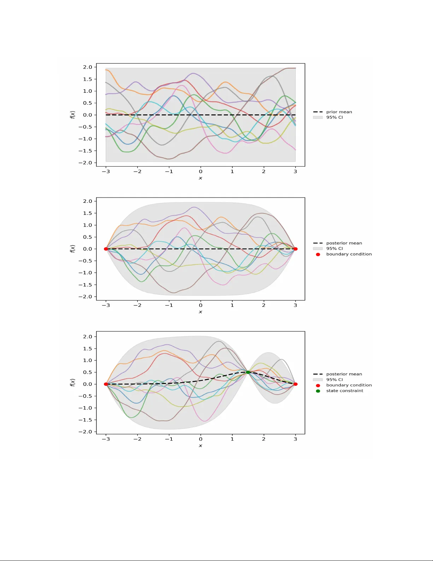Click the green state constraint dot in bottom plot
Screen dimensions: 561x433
(248, 372)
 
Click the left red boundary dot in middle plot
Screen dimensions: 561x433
(106, 249)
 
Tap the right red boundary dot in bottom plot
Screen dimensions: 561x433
(296, 384)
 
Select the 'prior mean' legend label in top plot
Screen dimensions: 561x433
(339, 112)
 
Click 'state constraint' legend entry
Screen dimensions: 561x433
(344, 391)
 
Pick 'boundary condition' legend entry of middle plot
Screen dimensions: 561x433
(349, 254)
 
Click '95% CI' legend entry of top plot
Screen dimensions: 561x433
(334, 118)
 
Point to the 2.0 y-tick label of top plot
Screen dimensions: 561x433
(87, 67)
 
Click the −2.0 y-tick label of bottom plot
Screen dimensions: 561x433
(85, 432)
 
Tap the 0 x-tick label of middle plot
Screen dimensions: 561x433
(200, 305)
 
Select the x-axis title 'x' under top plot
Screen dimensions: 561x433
(200, 178)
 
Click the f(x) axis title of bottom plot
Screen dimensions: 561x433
(73, 382)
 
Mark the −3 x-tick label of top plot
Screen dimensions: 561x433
(106, 172)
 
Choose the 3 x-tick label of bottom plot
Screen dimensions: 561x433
(295, 439)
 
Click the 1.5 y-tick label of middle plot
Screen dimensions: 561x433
(87, 213)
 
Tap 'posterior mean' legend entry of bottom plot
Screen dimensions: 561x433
(344, 374)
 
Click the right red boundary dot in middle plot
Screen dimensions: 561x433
(296, 249)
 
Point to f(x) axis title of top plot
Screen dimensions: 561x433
(73, 115)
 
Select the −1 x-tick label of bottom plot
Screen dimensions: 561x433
(169, 439)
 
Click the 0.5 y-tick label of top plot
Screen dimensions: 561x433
(87, 103)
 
